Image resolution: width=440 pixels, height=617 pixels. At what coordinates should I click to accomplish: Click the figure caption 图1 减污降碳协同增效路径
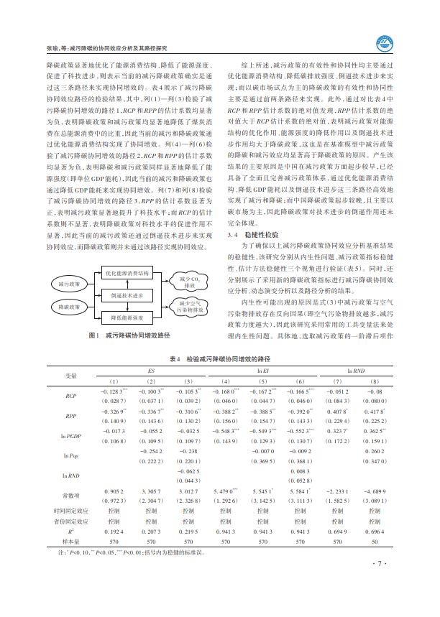(x=129, y=335)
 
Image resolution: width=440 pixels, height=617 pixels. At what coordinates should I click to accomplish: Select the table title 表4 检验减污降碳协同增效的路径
(x=219, y=357)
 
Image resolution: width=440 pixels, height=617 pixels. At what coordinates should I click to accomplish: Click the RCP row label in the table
(x=71, y=395)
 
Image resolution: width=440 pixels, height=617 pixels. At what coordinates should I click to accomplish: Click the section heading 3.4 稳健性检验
(x=255, y=235)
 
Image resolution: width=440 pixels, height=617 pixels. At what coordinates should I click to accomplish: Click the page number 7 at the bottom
(x=383, y=565)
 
